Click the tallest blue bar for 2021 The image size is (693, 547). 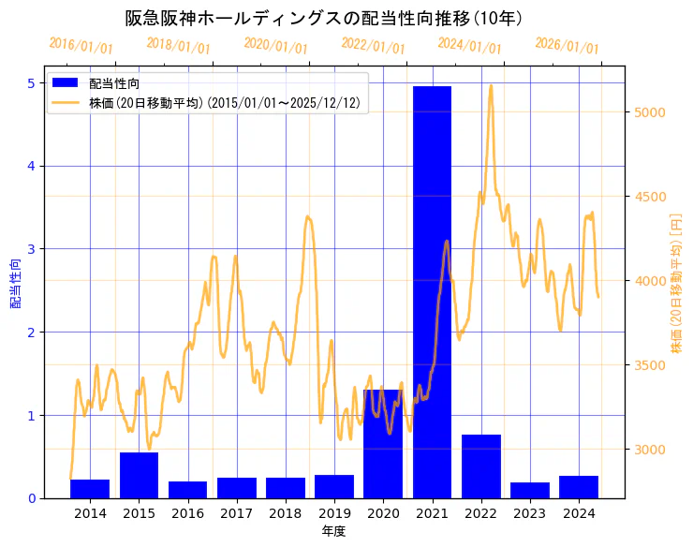tap(432, 291)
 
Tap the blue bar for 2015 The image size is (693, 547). tap(139, 475)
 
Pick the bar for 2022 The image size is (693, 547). tap(480, 466)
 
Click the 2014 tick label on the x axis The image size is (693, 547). tap(90, 513)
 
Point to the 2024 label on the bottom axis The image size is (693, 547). tap(579, 513)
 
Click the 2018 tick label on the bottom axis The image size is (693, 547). tap(286, 513)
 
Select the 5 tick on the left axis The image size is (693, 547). tap(31, 83)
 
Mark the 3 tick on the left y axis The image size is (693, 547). tap(31, 249)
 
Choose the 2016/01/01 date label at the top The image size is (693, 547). tap(81, 46)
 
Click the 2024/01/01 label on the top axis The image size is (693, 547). tap(470, 46)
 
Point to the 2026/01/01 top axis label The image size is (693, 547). tap(568, 46)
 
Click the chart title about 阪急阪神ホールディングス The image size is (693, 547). tap(324, 19)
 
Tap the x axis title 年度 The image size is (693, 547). tap(334, 531)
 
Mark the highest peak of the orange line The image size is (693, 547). tap(491, 86)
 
